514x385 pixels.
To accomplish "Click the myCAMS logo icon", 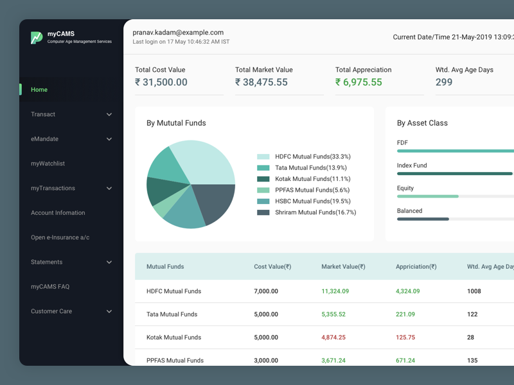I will (x=37, y=38).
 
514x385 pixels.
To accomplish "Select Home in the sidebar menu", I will (x=39, y=90).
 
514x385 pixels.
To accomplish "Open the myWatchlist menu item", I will (x=48, y=164).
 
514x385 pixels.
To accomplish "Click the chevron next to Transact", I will (x=109, y=115).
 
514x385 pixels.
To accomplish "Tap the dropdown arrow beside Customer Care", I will (x=109, y=312).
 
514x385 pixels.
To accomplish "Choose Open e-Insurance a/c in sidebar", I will (x=60, y=237).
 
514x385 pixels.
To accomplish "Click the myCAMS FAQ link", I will (x=50, y=287).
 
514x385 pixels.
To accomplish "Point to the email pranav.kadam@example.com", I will (x=178, y=33).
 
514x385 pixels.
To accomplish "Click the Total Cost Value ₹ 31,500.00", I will (x=161, y=82).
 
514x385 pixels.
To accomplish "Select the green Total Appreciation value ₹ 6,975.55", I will (x=359, y=82).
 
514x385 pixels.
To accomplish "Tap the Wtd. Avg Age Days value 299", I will (x=444, y=82).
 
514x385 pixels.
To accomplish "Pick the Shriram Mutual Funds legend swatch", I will (x=263, y=212).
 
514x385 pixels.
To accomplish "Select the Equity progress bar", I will (x=428, y=196).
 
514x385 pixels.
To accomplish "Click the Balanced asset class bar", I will (x=423, y=219).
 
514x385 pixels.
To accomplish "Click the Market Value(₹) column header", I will (x=343, y=266).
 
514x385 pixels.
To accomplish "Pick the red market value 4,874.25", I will (x=333, y=338).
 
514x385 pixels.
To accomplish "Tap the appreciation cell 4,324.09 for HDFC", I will (x=407, y=291).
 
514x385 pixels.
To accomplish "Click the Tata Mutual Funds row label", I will (x=172, y=314).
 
